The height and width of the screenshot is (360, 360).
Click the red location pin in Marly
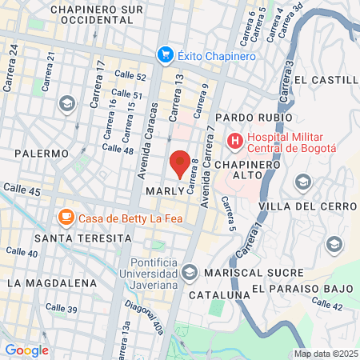coord(180,163)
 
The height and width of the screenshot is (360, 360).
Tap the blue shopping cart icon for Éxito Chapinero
coord(166,54)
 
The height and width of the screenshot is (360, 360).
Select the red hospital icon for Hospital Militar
coord(235,142)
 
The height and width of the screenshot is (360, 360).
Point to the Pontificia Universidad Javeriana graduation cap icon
coord(189,274)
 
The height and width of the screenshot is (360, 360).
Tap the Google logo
coord(26,350)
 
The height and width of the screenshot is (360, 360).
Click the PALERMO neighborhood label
coord(40,153)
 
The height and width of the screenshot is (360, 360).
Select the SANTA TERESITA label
coord(82,238)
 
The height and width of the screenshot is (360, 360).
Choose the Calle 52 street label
coord(130,77)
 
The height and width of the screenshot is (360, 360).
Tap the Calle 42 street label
coord(326,304)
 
